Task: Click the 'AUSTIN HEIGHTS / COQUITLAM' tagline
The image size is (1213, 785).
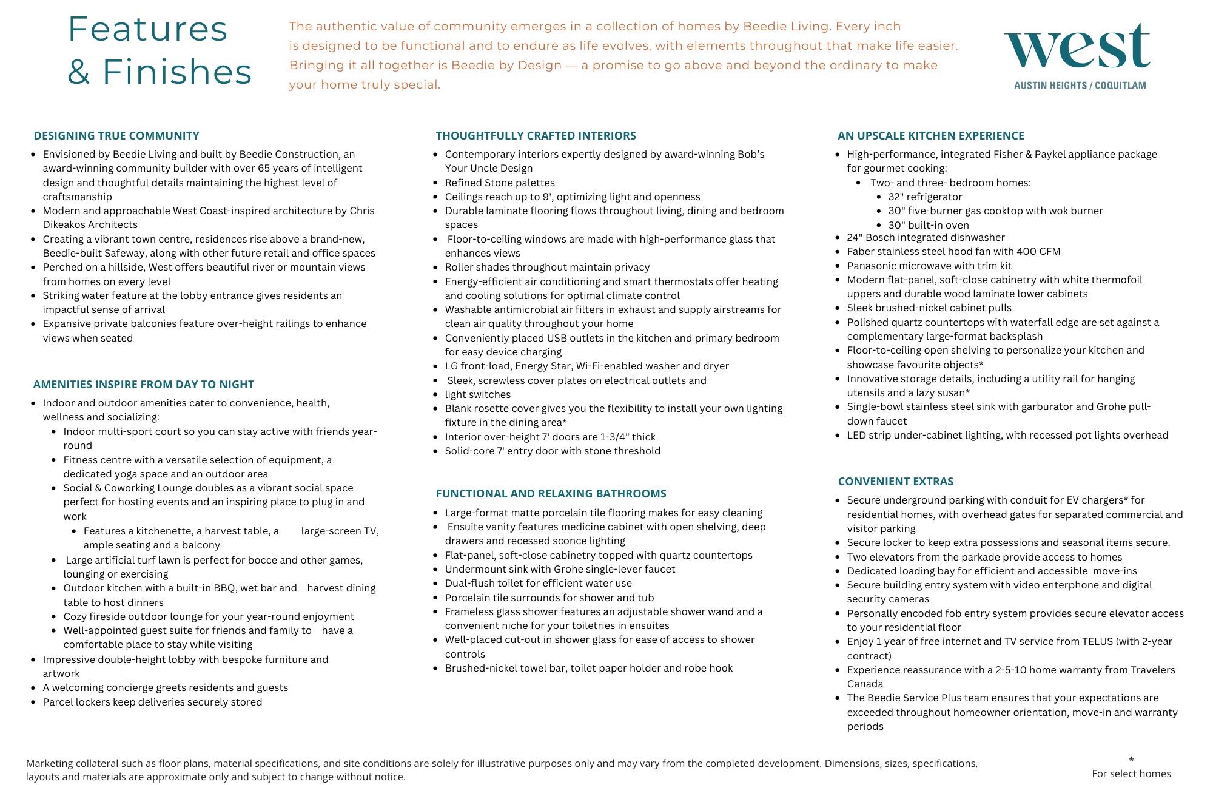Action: (x=1080, y=86)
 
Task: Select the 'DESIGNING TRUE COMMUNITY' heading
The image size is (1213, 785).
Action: (x=116, y=136)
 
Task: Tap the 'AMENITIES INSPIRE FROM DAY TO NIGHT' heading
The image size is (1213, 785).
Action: (x=144, y=385)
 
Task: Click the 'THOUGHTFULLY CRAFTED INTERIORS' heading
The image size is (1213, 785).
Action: (x=536, y=136)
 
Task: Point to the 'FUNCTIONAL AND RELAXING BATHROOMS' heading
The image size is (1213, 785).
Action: (x=551, y=494)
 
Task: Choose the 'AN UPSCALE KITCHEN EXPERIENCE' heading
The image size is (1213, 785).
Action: (x=930, y=136)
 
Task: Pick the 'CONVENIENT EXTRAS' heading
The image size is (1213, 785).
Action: (x=895, y=482)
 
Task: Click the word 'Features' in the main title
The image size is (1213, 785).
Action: (x=147, y=29)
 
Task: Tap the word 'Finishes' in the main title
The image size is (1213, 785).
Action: (x=176, y=72)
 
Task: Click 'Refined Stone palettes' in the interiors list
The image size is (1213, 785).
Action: (x=500, y=183)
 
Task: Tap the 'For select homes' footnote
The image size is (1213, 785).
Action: (x=1131, y=774)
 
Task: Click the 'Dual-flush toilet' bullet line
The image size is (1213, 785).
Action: (x=538, y=584)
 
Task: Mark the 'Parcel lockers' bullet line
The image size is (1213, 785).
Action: (x=152, y=702)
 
